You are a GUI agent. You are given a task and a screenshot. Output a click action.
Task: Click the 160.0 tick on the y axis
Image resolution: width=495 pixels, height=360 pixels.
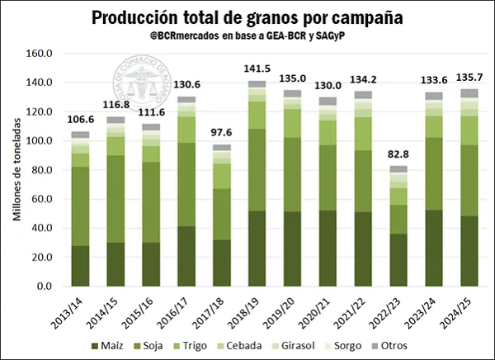pos(40,54)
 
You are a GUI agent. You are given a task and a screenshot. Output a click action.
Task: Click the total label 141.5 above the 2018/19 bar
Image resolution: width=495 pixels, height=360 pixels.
pos(257,69)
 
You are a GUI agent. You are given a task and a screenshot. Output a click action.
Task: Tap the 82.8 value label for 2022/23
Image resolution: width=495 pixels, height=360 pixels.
pos(398,154)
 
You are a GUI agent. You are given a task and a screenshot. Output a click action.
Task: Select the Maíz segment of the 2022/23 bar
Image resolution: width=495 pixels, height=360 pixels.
pos(398,259)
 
